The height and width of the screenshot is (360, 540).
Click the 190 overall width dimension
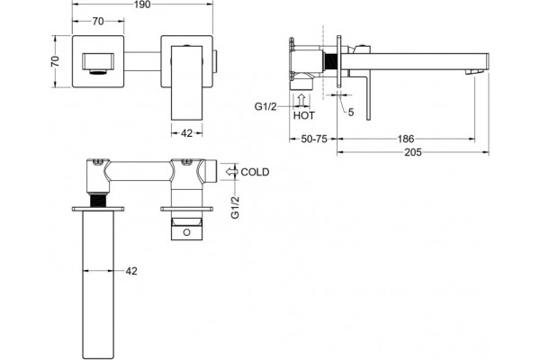pos(142,4)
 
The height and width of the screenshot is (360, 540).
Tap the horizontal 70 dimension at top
pos(98,22)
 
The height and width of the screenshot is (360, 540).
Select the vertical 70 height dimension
pos(55,61)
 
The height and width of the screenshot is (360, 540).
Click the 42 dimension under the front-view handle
pos(186,133)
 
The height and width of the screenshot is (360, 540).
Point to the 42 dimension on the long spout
pos(131,271)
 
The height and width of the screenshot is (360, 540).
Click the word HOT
pos(304,116)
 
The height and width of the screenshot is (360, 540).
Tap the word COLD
pos(255,172)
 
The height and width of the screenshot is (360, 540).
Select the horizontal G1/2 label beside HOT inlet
pos(265,107)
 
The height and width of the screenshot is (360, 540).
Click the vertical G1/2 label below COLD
pos(235,207)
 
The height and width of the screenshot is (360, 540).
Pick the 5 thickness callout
pos(351,112)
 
